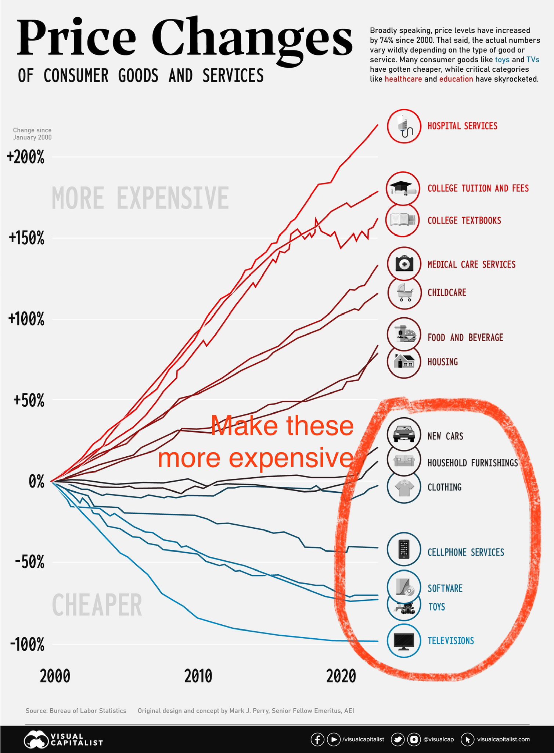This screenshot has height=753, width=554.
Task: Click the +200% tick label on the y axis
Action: (26, 158)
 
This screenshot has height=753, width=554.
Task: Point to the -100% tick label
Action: (27, 645)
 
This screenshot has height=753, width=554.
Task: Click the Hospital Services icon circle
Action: (404, 126)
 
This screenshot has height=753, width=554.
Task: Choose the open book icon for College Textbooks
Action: (403, 220)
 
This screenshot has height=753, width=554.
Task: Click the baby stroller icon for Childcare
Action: (404, 293)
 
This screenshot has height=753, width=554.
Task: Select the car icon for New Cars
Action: (404, 435)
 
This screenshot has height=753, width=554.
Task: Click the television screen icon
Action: (404, 641)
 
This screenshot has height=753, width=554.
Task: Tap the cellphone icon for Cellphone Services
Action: (404, 550)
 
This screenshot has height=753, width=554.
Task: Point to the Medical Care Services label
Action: (471, 264)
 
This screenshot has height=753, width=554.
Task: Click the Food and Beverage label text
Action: (465, 338)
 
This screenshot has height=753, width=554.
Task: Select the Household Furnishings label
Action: (472, 463)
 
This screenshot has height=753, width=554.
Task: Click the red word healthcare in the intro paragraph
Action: (403, 79)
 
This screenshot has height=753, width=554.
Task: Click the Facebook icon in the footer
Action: (317, 739)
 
